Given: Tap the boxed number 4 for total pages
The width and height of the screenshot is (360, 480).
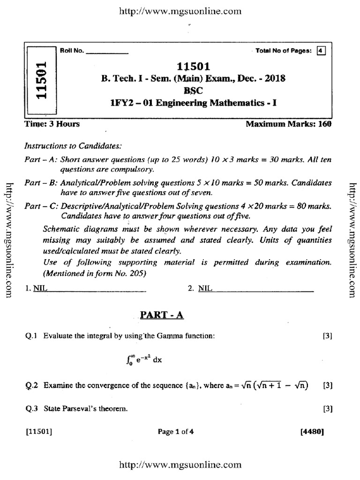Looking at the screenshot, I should pos(321,51).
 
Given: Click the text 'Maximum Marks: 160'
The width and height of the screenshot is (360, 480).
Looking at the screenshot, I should pos(288,124).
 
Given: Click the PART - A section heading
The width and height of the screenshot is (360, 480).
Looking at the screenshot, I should pos(162,316).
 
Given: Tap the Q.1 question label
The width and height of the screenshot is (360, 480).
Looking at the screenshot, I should pos(32,336).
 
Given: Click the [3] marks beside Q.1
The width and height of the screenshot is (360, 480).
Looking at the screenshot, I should pos(328,336).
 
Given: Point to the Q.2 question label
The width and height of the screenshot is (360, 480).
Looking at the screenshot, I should pos(32,386).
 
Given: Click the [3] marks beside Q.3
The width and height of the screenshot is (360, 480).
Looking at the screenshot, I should pos(328,409).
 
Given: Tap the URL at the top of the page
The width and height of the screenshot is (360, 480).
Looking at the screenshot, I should pos(180,10).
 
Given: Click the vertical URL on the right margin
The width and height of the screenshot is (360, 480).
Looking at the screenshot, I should pos(353,239).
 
